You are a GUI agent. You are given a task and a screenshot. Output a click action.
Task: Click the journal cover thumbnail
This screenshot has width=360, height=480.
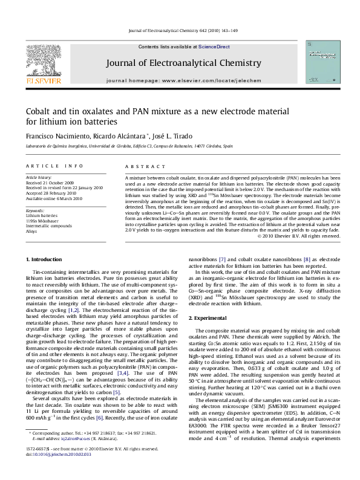click(x=322, y=62)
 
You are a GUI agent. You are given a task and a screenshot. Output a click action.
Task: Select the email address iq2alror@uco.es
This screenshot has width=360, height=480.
click(x=77, y=453)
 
